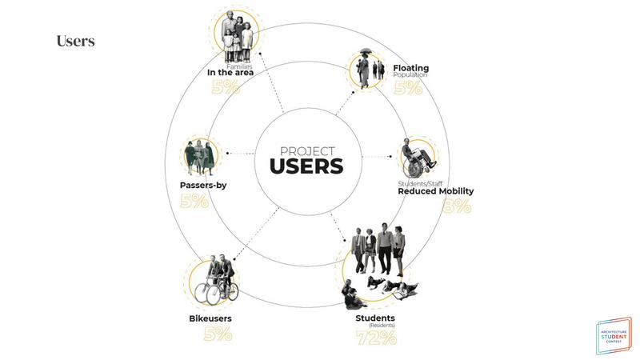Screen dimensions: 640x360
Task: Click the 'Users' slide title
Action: click(75, 41)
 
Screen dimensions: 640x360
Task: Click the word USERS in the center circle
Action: click(306, 166)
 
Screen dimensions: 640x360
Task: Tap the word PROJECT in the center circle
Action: click(306, 150)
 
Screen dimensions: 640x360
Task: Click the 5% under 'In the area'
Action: click(226, 86)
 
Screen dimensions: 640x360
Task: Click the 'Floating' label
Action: click(410, 68)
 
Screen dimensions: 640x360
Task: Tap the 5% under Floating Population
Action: click(408, 88)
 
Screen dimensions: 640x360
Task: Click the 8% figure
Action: click(457, 206)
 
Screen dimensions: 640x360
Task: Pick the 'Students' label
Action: click(375, 318)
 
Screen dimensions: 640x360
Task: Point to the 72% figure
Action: click(376, 338)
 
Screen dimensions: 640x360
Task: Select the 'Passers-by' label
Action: click(203, 186)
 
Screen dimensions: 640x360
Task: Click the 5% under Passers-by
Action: click(194, 201)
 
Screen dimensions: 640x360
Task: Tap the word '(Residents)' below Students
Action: click(375, 326)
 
